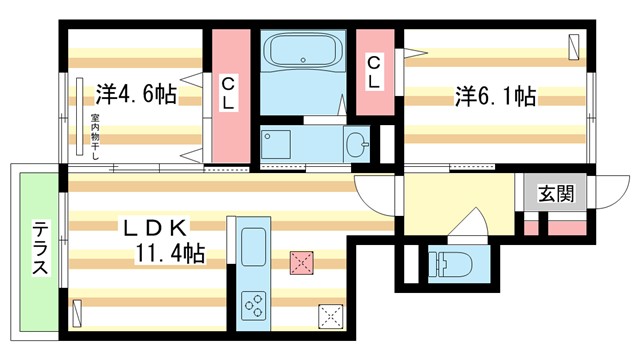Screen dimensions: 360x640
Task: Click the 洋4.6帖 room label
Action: pos(137,95)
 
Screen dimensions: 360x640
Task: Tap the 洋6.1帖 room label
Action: pos(496,97)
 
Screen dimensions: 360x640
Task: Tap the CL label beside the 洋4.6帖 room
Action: pos(229,92)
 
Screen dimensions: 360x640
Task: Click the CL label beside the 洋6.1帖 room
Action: pos(373,74)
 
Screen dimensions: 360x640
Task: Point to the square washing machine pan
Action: pos(275,145)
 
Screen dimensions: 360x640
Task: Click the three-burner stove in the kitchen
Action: pos(254,304)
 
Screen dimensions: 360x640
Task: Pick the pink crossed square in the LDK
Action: pos(301,263)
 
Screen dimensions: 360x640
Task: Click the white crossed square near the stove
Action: pos(330,315)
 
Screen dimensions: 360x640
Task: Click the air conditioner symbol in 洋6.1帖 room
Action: pos(573,47)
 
